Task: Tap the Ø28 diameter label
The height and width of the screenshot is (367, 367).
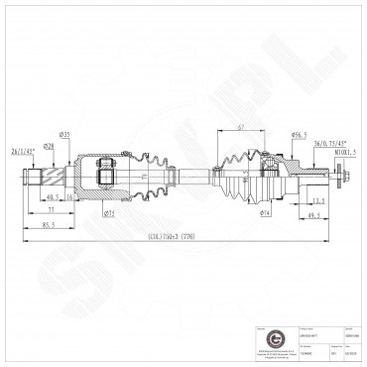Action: [48, 146]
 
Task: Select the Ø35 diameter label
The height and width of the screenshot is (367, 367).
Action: [63, 134]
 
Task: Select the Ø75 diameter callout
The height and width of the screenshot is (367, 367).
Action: [108, 211]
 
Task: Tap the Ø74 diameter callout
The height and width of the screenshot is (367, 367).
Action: [266, 211]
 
